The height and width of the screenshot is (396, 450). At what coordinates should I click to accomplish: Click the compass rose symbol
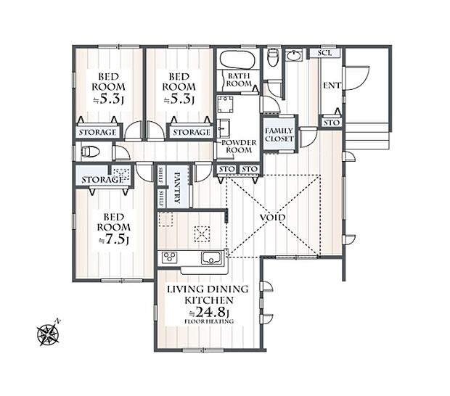tap(49, 333)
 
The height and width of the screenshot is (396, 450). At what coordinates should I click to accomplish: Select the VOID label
tap(273, 218)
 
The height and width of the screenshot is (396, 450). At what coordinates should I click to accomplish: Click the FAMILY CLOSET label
tap(279, 133)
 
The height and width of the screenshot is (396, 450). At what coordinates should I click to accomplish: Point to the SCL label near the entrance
tap(324, 54)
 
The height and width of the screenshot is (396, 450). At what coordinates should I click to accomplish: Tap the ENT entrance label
tap(331, 86)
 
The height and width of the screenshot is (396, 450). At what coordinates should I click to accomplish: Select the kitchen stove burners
tap(169, 257)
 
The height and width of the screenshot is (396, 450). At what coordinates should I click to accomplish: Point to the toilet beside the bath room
tap(273, 57)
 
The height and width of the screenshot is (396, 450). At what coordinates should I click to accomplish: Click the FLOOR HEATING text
tap(208, 321)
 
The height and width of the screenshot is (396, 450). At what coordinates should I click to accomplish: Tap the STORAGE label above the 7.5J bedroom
tap(102, 179)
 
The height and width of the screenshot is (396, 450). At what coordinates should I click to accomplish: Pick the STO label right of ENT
tap(331, 123)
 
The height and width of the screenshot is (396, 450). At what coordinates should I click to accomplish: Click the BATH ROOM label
tap(238, 80)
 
